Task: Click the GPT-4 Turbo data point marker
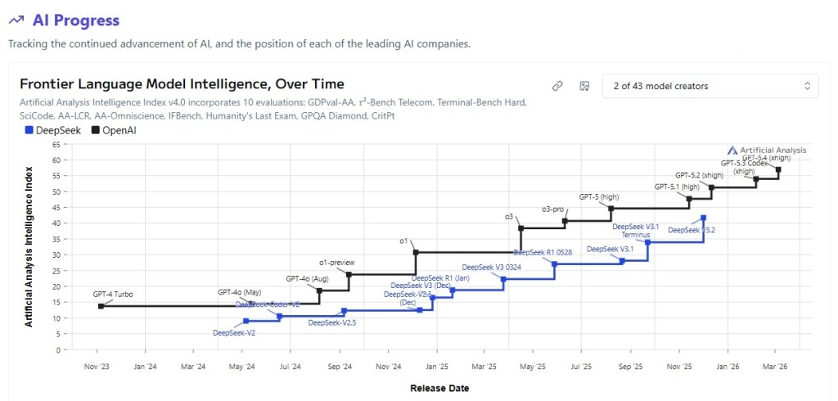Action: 101,306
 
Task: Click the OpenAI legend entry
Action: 116,129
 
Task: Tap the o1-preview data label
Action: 337,263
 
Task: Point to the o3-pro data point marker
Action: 565,221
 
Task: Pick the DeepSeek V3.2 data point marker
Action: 703,218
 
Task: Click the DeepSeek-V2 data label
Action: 234,333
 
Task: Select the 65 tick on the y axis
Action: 56,144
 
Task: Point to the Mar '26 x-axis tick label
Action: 774,367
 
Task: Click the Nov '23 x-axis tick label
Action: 97,367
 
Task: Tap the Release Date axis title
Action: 439,388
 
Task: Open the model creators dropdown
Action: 710,86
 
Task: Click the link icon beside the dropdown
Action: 557,86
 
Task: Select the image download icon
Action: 584,86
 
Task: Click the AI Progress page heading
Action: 76,20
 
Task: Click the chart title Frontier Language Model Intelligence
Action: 182,84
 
